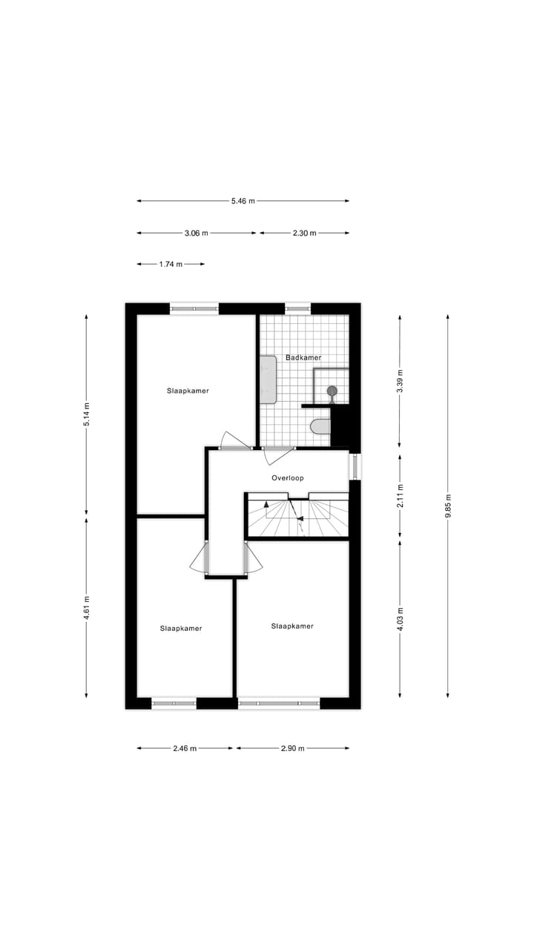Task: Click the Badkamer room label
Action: click(x=303, y=357)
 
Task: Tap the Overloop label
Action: click(x=287, y=478)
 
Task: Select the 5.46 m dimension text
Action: click(x=243, y=200)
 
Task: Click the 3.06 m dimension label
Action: click(x=197, y=233)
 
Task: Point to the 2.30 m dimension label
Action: click(x=304, y=233)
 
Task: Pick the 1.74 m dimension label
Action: click(x=171, y=264)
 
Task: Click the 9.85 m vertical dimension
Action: click(x=448, y=507)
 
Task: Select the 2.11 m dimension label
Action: click(x=400, y=495)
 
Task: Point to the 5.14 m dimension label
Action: click(x=86, y=415)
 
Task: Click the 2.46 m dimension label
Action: click(x=185, y=748)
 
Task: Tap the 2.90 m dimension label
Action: click(x=293, y=748)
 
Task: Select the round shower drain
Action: click(x=332, y=390)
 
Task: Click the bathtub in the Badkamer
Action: click(x=267, y=379)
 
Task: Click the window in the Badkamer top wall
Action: click(x=297, y=308)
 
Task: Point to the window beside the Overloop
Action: click(x=355, y=466)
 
